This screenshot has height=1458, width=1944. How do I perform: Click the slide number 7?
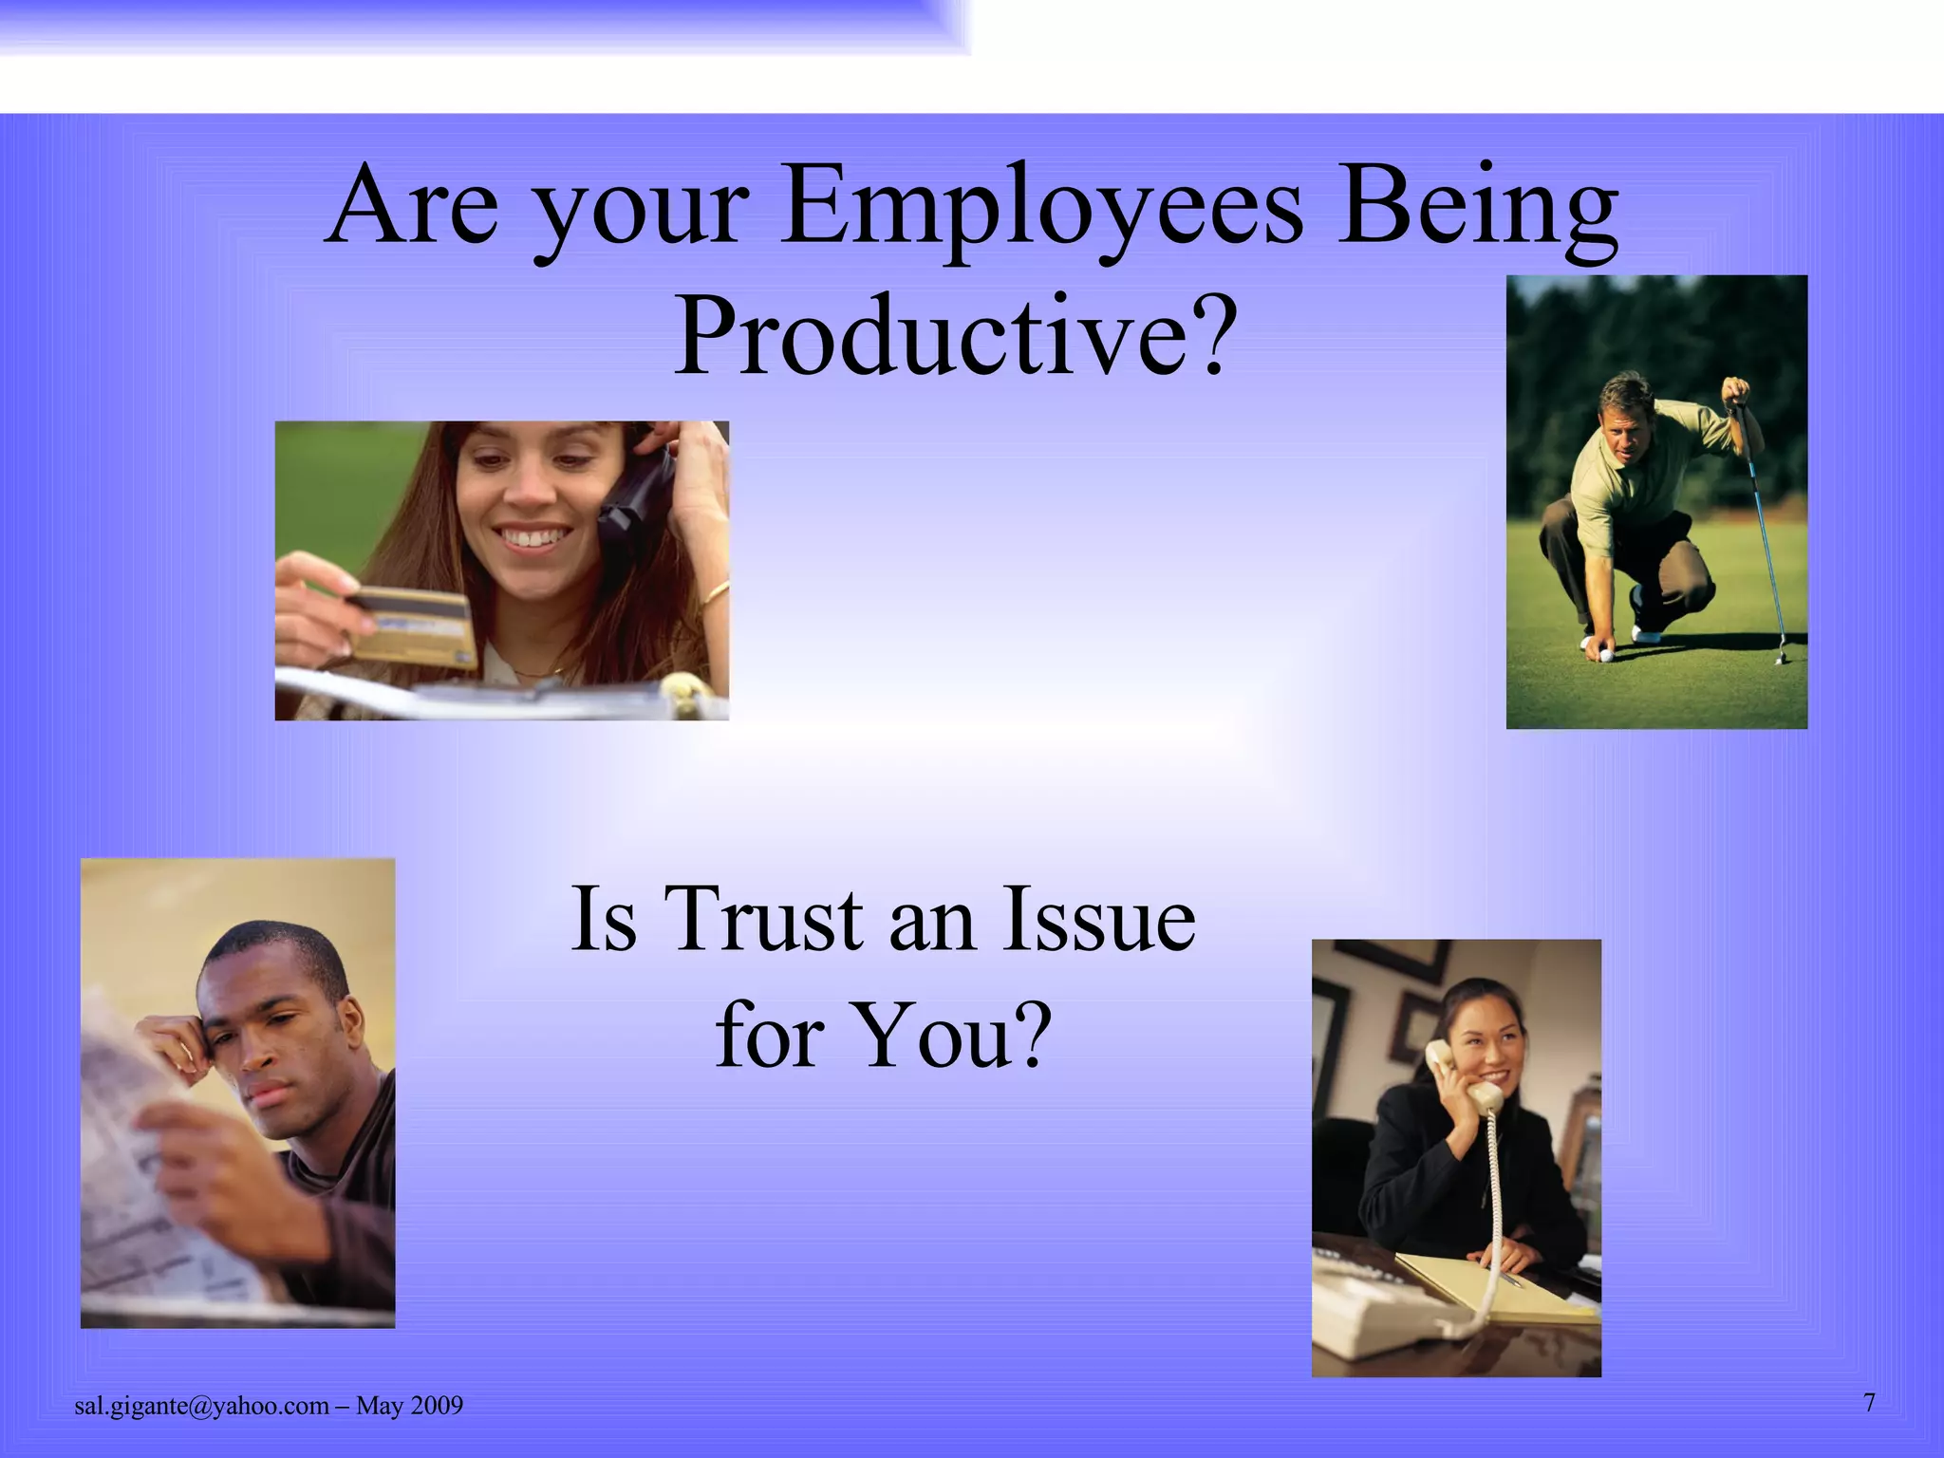point(1869,1403)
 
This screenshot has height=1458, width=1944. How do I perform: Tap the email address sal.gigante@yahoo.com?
point(201,1406)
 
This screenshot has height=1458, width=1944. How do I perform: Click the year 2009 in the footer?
point(437,1406)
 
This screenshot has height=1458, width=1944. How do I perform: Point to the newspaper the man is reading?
point(142,1168)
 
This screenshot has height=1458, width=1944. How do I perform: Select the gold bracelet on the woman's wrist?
point(718,594)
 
